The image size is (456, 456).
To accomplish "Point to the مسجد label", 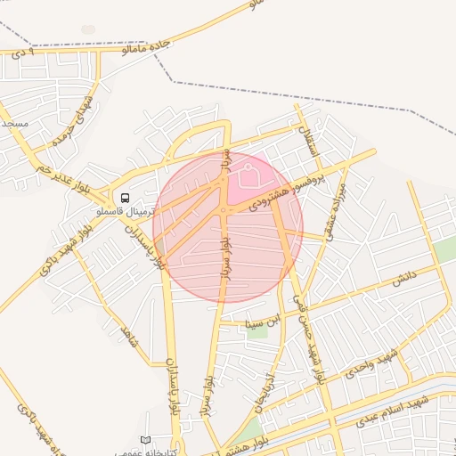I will (14, 122).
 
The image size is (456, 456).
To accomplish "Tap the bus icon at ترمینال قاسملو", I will (123, 198).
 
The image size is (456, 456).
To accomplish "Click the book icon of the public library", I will (146, 441).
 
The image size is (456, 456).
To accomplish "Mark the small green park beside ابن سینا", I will (257, 333).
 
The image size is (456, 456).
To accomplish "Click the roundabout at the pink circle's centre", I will (223, 210).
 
